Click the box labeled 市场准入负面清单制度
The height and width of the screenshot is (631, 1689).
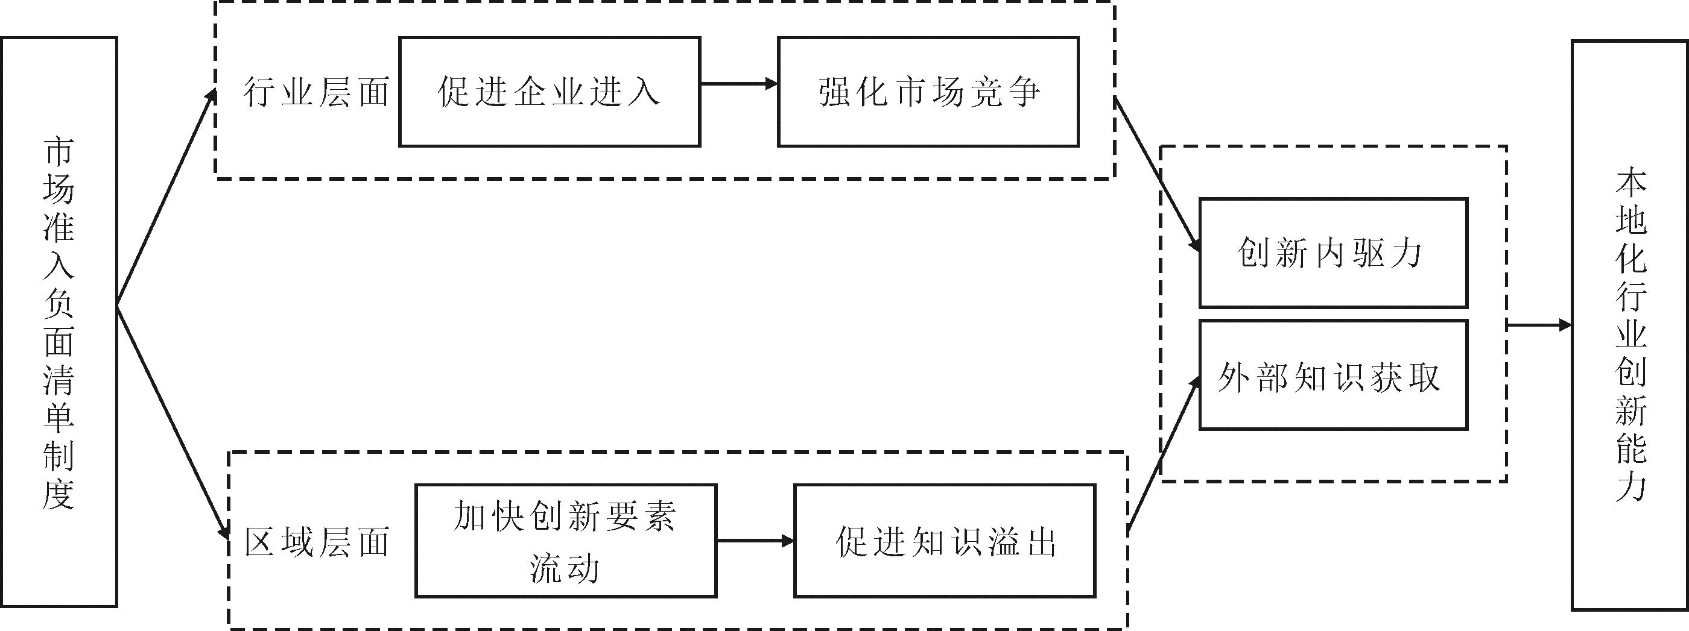(x=59, y=321)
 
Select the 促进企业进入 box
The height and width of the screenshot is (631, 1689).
(x=550, y=92)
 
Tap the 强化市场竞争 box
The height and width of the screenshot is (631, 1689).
(x=928, y=92)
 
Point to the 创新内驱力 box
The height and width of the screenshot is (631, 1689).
(x=1333, y=253)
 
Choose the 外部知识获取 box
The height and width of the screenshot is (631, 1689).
(x=1333, y=375)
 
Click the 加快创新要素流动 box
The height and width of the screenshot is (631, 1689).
(x=565, y=541)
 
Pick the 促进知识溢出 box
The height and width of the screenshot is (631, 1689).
(x=945, y=541)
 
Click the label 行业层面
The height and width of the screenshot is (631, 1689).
(x=317, y=92)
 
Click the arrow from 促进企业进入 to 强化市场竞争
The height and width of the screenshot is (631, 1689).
(x=739, y=84)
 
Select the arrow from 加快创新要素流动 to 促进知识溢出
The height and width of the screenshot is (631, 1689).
(x=755, y=541)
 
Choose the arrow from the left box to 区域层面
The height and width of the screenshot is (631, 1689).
(x=172, y=422)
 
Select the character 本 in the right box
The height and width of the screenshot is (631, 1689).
(x=1630, y=182)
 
